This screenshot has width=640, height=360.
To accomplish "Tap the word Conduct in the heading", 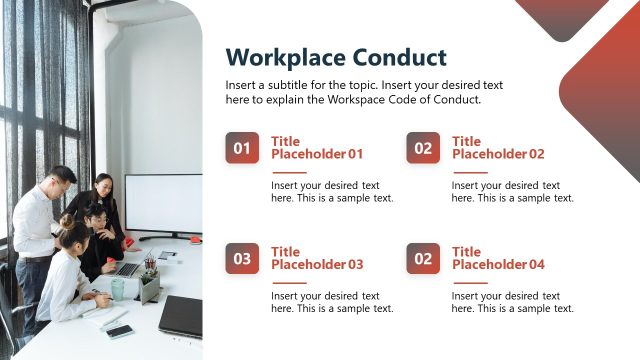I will (x=394, y=57).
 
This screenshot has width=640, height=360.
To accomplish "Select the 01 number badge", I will (x=242, y=148).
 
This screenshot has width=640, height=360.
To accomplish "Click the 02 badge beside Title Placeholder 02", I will (x=423, y=148).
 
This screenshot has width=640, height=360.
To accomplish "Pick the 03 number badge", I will (x=242, y=258).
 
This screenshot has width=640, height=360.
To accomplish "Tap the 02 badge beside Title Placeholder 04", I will (x=423, y=258).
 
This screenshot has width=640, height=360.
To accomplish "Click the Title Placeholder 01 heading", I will (x=316, y=148).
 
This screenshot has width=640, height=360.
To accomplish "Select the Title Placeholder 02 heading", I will (x=497, y=148).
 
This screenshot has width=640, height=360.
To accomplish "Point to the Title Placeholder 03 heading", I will (x=316, y=258).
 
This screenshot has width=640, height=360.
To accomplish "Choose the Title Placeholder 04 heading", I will (x=497, y=258).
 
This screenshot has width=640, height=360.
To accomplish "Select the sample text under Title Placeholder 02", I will (x=512, y=191).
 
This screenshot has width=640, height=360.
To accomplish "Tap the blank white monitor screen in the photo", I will (x=162, y=204).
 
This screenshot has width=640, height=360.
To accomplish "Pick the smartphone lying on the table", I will (x=120, y=331).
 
